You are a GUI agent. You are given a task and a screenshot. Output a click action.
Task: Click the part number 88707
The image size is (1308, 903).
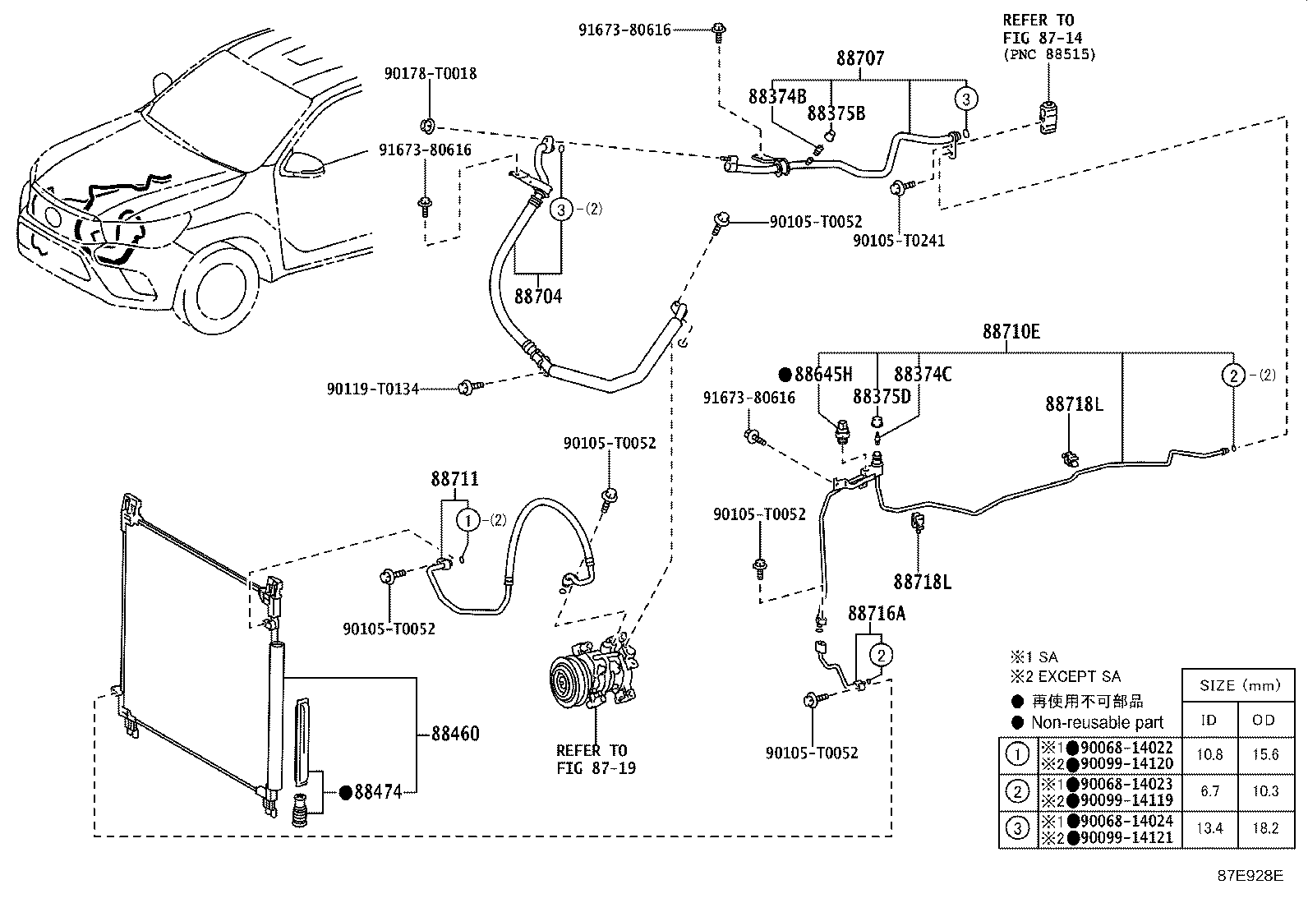(x=861, y=59)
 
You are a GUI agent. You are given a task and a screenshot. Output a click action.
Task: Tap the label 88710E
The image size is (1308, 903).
(x=1011, y=332)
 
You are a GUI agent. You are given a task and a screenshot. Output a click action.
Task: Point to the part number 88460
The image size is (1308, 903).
(x=455, y=734)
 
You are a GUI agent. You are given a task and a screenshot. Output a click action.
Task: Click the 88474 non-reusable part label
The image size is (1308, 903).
(x=377, y=792)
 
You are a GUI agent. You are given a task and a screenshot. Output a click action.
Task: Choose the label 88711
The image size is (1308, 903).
(x=454, y=479)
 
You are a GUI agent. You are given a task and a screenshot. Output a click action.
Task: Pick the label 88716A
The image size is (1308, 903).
(x=877, y=614)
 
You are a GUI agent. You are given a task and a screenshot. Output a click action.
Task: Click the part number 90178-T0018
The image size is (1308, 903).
(x=431, y=74)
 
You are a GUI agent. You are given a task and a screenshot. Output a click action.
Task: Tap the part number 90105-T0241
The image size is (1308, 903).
(x=899, y=241)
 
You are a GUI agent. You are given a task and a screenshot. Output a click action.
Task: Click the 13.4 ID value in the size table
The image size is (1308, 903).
(x=1209, y=828)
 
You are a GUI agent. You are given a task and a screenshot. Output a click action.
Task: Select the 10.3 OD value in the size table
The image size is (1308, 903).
(x=1264, y=791)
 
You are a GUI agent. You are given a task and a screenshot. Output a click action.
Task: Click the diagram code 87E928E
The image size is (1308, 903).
(x=1250, y=876)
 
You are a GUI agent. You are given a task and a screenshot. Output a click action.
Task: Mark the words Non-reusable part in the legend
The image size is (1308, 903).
(x=1098, y=722)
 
